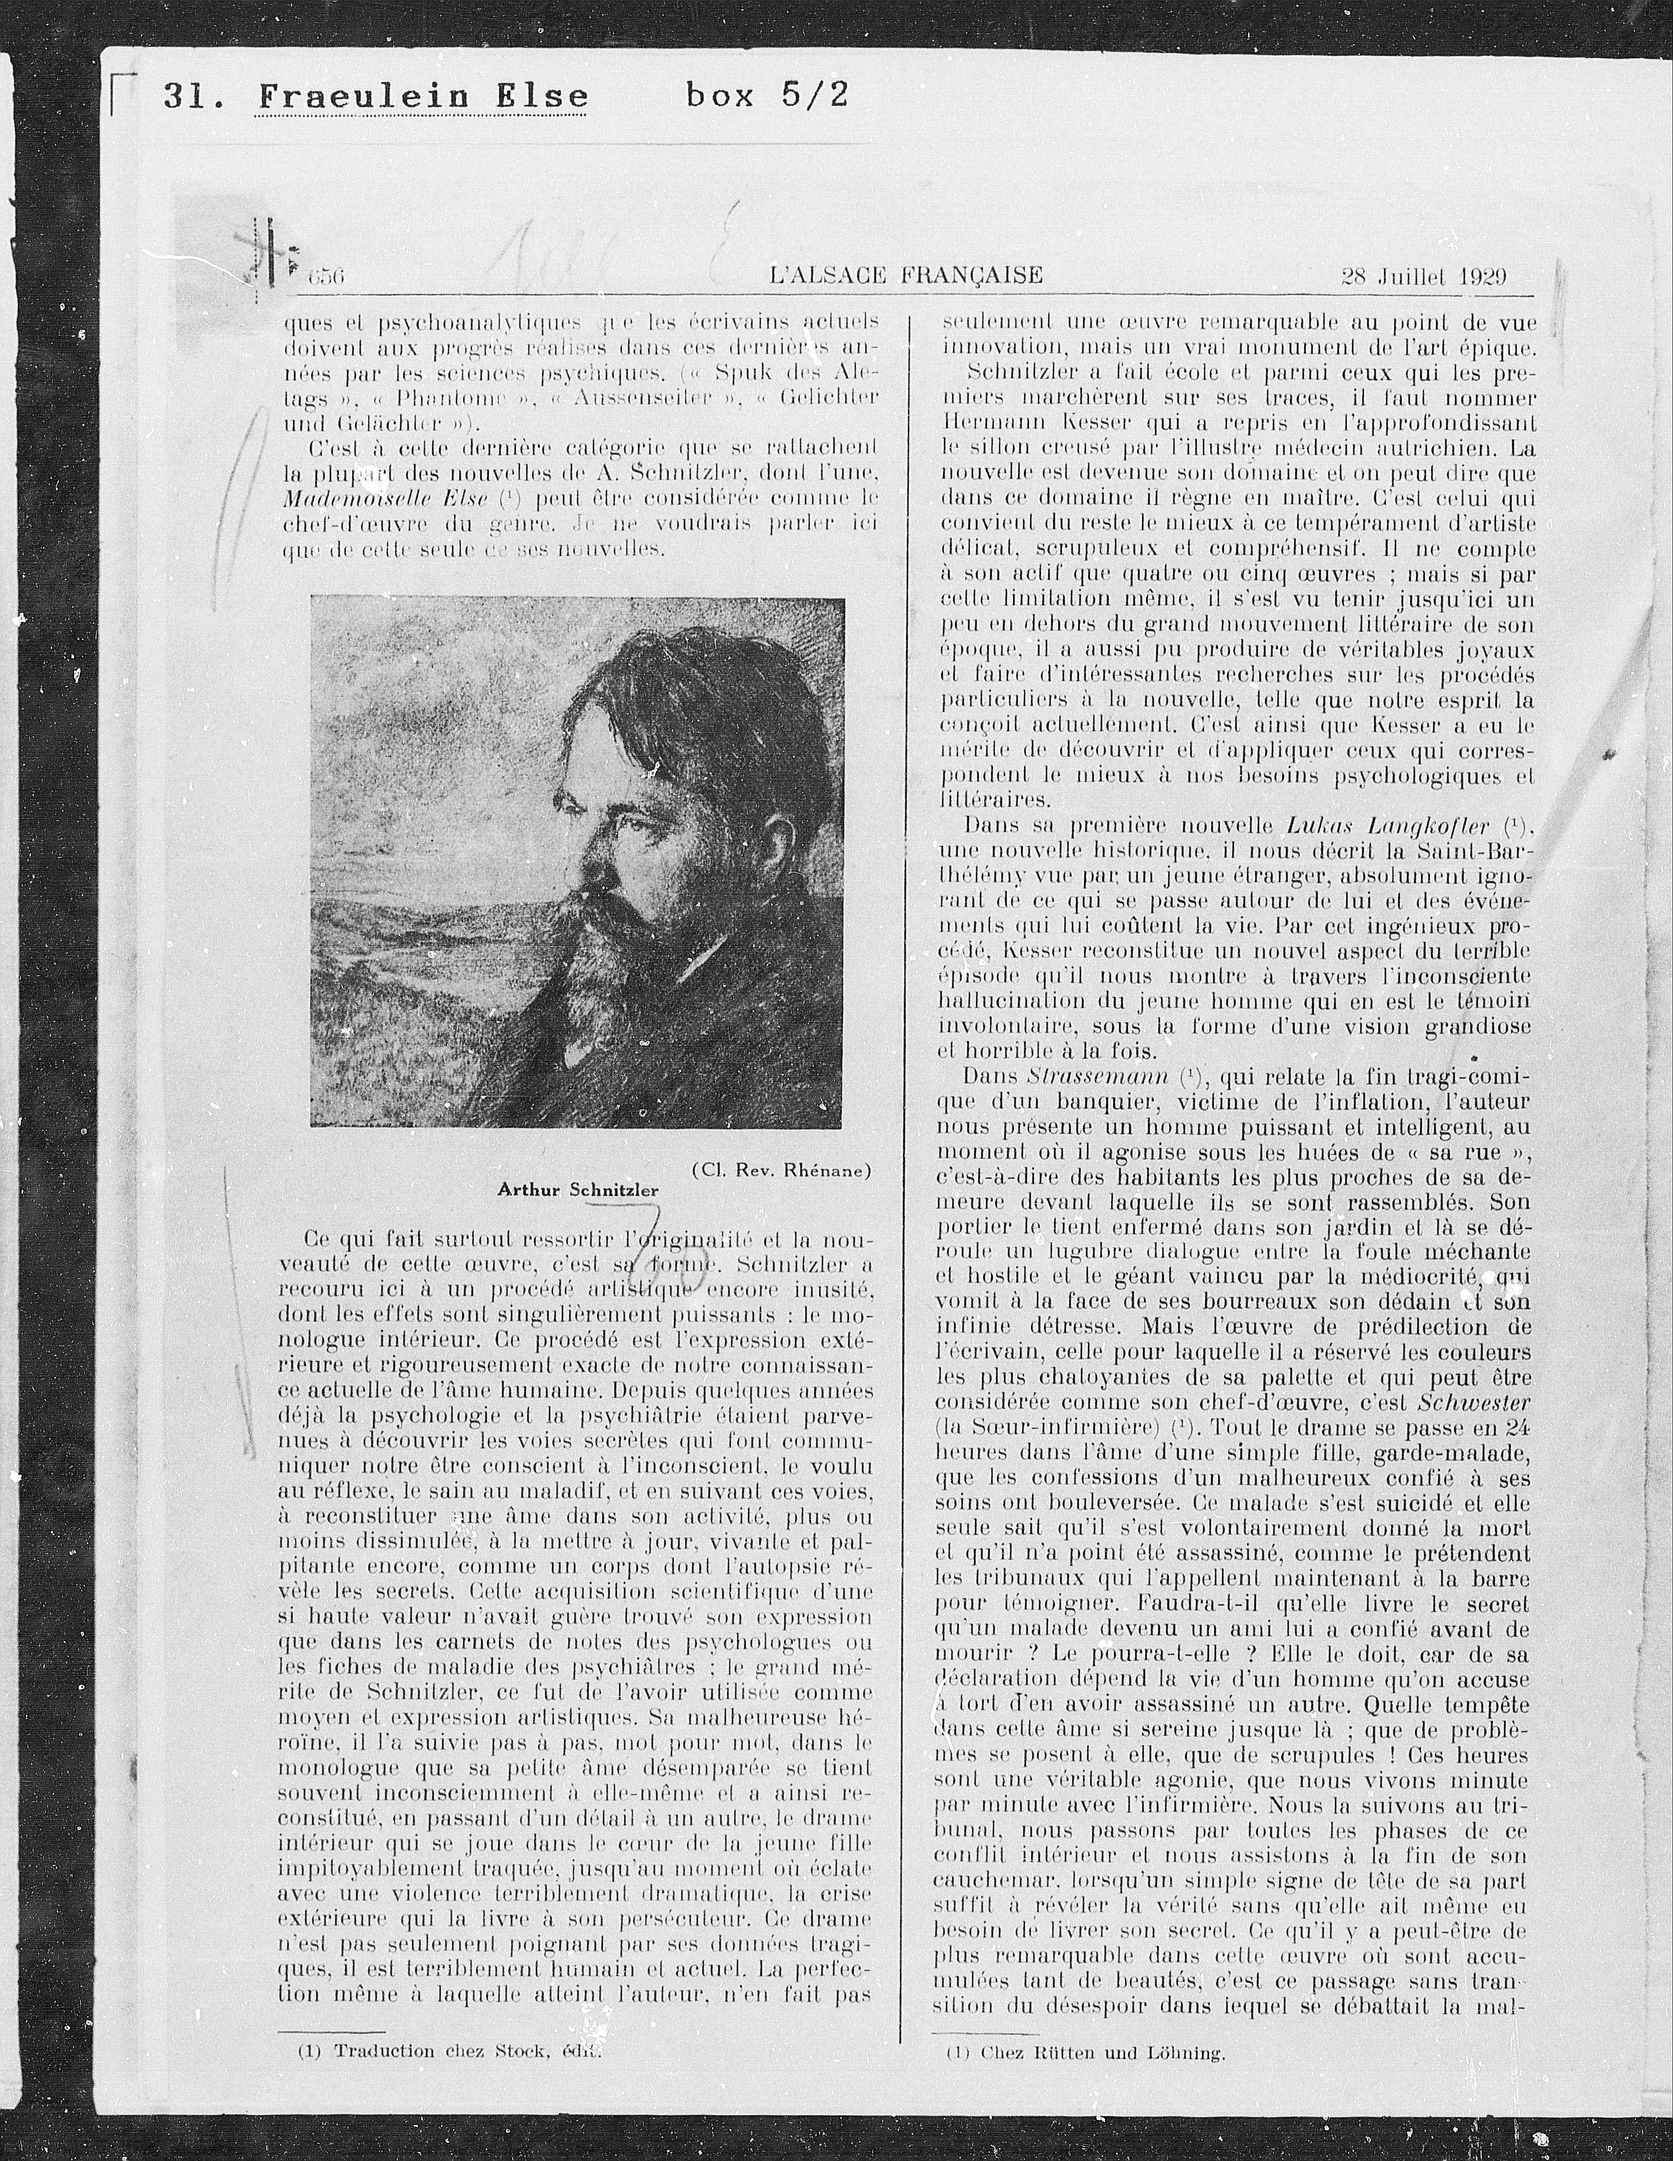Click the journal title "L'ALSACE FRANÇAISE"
905,274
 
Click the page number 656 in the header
324,277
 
